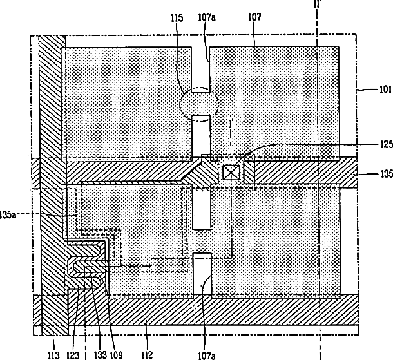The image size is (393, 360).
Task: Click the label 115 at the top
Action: [x=177, y=18]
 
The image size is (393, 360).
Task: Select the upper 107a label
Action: [x=207, y=17]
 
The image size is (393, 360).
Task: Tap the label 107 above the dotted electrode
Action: [x=254, y=17]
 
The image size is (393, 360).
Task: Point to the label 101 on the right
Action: [x=385, y=90]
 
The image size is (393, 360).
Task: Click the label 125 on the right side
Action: [x=387, y=144]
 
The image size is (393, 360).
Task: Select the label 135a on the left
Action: [x=8, y=214]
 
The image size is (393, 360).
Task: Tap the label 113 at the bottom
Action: [x=53, y=355]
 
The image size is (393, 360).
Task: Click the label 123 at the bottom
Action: [x=73, y=355]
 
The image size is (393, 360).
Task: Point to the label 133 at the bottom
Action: [x=101, y=355]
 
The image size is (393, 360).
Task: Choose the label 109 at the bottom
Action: [x=117, y=355]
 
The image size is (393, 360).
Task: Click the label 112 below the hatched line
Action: [x=147, y=355]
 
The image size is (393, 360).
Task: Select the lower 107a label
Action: [x=207, y=355]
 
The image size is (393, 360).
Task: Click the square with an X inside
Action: [x=231, y=173]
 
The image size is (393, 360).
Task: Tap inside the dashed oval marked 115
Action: [x=199, y=104]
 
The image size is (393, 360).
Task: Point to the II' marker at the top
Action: [x=318, y=3]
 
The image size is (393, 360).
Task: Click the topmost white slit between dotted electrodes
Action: [x=200, y=70]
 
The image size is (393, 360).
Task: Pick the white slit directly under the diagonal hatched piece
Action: [x=202, y=210]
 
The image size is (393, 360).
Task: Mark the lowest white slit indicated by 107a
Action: [x=202, y=276]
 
